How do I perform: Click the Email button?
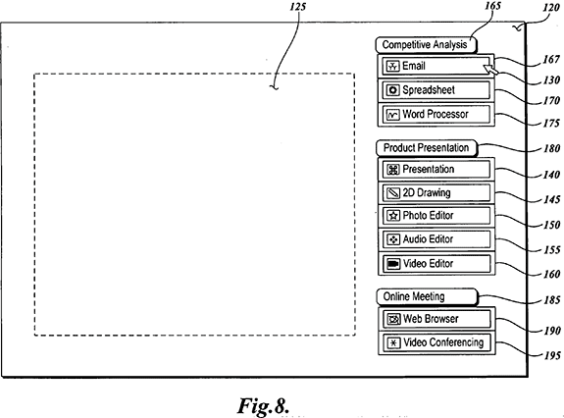tap(436, 66)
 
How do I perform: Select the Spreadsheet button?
tap(436, 90)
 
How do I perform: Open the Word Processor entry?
tap(436, 115)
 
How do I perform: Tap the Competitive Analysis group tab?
tap(426, 45)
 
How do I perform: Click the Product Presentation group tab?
tap(427, 148)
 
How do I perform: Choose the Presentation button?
tap(436, 169)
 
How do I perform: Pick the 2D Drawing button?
tap(436, 193)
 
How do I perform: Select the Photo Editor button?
tap(436, 216)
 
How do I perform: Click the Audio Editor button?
tap(436, 239)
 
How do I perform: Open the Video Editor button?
tap(436, 264)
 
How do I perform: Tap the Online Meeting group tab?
tap(427, 296)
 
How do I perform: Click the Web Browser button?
tap(436, 319)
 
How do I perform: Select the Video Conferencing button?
tap(436, 342)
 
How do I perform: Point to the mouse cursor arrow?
tap(490, 70)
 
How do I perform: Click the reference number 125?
tap(298, 7)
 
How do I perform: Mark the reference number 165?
tap(492, 6)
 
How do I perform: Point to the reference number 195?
tap(552, 356)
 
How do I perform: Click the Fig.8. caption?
tap(263, 406)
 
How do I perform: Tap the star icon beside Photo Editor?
tap(393, 216)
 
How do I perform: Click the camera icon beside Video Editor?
tap(393, 264)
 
